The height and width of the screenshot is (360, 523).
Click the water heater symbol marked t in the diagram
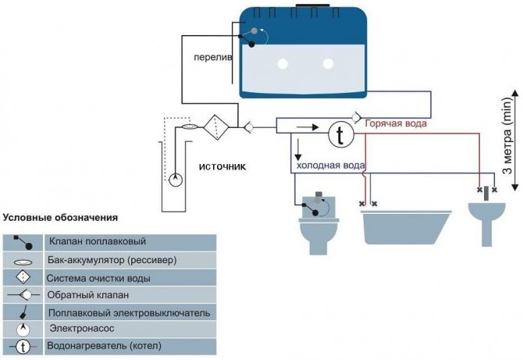(x=341, y=134)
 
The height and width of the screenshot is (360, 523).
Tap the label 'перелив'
(x=213, y=57)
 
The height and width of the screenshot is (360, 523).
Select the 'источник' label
(x=222, y=166)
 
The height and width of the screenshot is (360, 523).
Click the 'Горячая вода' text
(x=396, y=123)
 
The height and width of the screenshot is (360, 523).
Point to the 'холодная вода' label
(x=330, y=165)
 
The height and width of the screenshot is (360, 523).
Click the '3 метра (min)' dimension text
(x=507, y=135)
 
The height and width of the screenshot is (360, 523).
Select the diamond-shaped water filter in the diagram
(x=216, y=127)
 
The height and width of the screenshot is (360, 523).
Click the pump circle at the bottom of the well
(x=176, y=180)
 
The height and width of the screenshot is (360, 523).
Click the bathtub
(x=406, y=227)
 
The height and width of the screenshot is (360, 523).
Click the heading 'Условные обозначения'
(x=60, y=218)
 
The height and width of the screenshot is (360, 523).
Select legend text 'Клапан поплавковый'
(x=98, y=241)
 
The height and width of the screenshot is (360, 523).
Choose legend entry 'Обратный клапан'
(x=87, y=295)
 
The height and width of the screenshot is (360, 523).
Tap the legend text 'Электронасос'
(x=82, y=328)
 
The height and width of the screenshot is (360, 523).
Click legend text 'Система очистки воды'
(x=98, y=278)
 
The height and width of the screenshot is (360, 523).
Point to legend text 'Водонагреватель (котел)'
(x=104, y=345)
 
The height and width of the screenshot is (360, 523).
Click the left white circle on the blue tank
(x=283, y=64)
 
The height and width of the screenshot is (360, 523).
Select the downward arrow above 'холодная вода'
(x=298, y=149)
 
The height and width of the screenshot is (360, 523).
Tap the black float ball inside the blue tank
(x=252, y=44)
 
